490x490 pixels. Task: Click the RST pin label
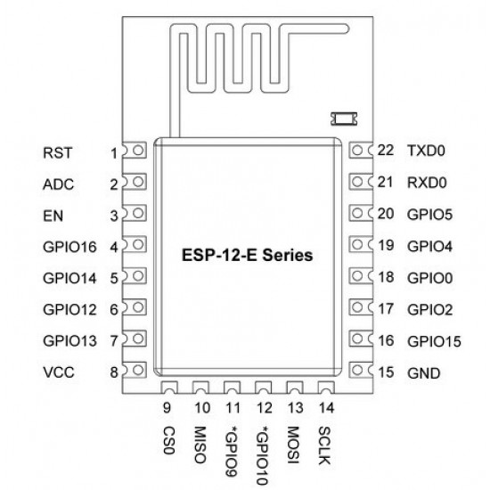pyautogui.click(x=58, y=153)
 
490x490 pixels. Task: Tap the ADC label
pyautogui.click(x=59, y=184)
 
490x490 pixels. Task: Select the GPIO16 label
pyautogui.click(x=69, y=247)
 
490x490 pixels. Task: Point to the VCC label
pyautogui.click(x=59, y=372)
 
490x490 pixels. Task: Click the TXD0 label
pyautogui.click(x=426, y=151)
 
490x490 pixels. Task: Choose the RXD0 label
pyautogui.click(x=427, y=183)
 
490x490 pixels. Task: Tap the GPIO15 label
pyautogui.click(x=435, y=341)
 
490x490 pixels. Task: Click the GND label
pyautogui.click(x=424, y=372)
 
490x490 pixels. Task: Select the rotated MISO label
pyautogui.click(x=200, y=445)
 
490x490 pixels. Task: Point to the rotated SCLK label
pyautogui.click(x=324, y=446)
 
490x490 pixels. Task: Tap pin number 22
pyautogui.click(x=386, y=151)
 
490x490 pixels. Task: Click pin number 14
pyautogui.click(x=327, y=408)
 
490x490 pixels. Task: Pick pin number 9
pyautogui.click(x=167, y=408)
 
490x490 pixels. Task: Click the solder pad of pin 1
pyautogui.click(x=135, y=151)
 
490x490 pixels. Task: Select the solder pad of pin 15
pyautogui.click(x=361, y=371)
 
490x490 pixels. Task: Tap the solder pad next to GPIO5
pyautogui.click(x=361, y=213)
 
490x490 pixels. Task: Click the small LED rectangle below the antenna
pyautogui.click(x=344, y=118)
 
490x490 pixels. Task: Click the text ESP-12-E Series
pyautogui.click(x=247, y=255)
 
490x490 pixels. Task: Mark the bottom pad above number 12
pyautogui.click(x=263, y=388)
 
